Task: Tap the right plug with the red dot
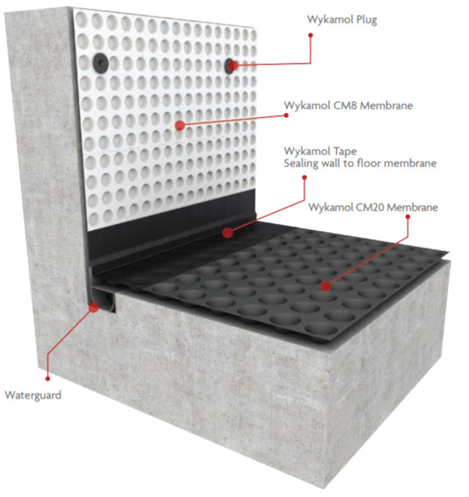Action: click(x=230, y=64)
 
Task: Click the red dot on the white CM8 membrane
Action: click(x=179, y=125)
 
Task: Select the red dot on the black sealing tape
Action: click(x=228, y=233)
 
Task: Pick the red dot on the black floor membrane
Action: click(x=326, y=286)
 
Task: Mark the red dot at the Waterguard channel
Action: click(x=93, y=307)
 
